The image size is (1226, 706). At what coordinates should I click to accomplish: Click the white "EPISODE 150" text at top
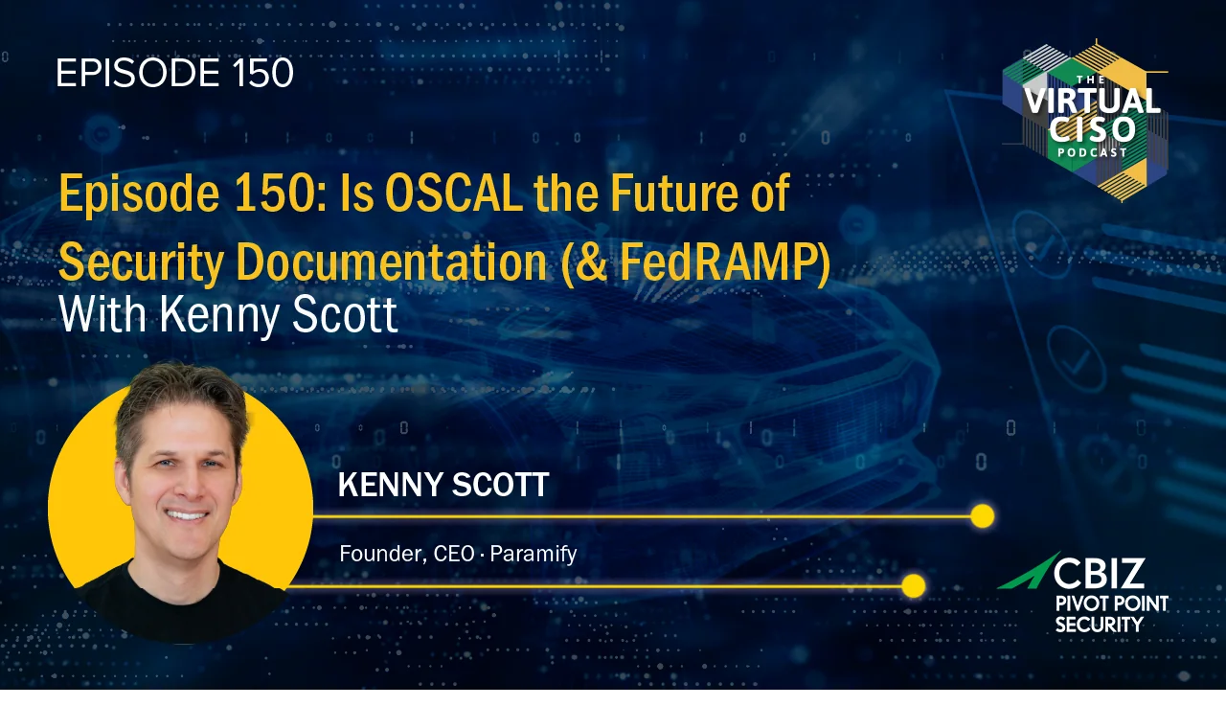[175, 73]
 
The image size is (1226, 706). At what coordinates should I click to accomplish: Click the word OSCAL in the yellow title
[454, 193]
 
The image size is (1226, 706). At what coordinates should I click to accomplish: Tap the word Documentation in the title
[392, 262]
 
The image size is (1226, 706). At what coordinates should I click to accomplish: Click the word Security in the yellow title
[141, 263]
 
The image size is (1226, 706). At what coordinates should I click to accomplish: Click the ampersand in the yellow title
[591, 263]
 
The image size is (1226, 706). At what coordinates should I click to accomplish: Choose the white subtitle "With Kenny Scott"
[228, 315]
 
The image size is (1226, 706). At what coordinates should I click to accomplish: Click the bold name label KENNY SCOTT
[443, 485]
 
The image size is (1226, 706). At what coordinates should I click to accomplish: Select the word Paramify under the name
[534, 554]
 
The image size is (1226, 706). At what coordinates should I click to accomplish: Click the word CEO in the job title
[454, 554]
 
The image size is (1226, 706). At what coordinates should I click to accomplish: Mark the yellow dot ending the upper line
[983, 516]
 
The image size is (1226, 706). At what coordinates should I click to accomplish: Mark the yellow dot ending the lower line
[913, 586]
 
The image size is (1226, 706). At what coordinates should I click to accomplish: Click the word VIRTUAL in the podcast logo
[1092, 101]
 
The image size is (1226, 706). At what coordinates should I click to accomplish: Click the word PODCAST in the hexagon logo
[1092, 152]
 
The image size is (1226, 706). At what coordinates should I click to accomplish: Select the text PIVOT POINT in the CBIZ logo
[1112, 604]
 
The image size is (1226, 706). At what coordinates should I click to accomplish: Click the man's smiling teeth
[186, 515]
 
